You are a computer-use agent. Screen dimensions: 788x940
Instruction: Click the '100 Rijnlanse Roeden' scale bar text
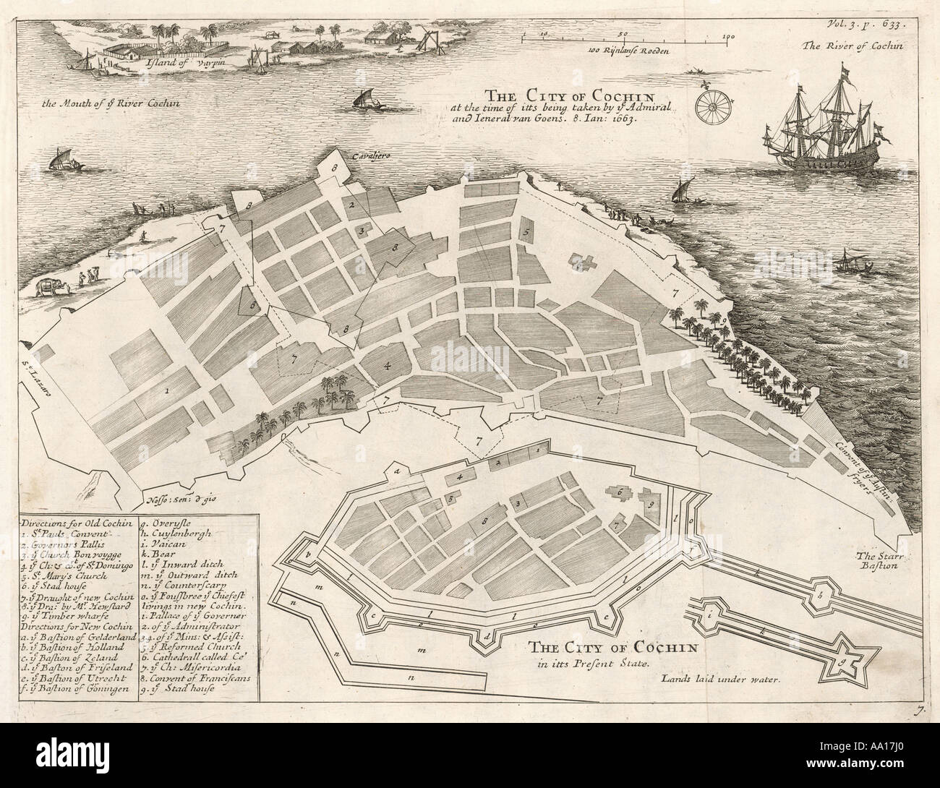point(625,52)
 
